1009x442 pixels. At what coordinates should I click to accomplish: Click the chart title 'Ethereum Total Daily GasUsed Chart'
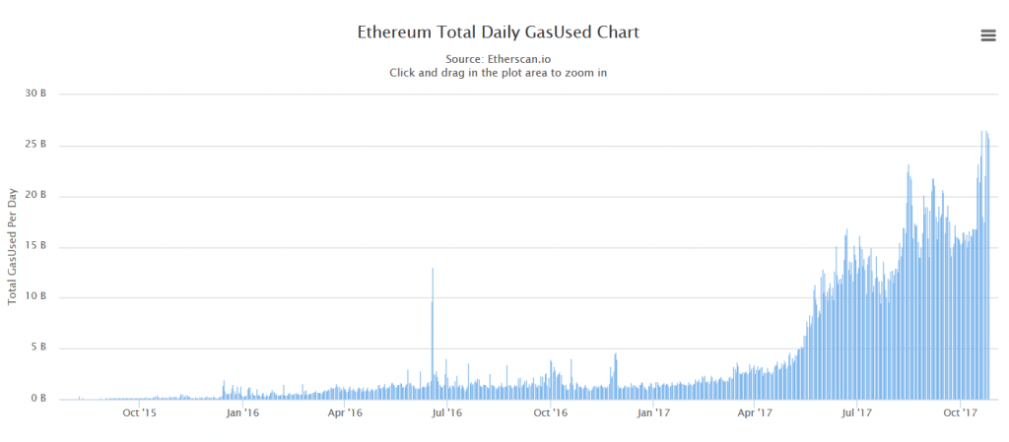tap(504, 32)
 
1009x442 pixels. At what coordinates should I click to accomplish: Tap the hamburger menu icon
tap(988, 35)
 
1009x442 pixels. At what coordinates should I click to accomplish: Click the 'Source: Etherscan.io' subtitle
tap(504, 59)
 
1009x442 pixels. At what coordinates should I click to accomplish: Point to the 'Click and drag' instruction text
tap(504, 72)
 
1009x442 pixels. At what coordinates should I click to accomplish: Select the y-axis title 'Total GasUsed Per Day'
tap(13, 245)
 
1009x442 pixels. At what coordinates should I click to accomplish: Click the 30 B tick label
tap(36, 95)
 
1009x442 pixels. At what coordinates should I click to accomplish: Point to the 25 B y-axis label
tap(36, 145)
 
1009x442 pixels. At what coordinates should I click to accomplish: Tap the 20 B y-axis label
tap(36, 196)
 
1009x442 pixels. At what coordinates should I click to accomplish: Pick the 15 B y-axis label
tap(36, 246)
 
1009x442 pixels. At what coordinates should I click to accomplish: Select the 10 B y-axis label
tap(36, 297)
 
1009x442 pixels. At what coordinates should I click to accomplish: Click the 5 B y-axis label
tap(38, 347)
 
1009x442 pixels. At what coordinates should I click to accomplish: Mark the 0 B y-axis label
tap(38, 399)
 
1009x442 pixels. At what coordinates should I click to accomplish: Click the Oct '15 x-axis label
tap(139, 413)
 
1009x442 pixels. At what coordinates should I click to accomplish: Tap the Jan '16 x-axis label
tap(242, 413)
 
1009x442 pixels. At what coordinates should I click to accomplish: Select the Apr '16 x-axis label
tap(344, 413)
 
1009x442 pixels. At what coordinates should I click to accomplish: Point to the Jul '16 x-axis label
tap(446, 413)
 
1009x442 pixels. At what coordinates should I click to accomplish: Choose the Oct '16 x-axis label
tap(550, 413)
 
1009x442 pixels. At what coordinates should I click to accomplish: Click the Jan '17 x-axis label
tap(653, 413)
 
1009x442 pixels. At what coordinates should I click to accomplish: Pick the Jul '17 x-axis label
tap(856, 413)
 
